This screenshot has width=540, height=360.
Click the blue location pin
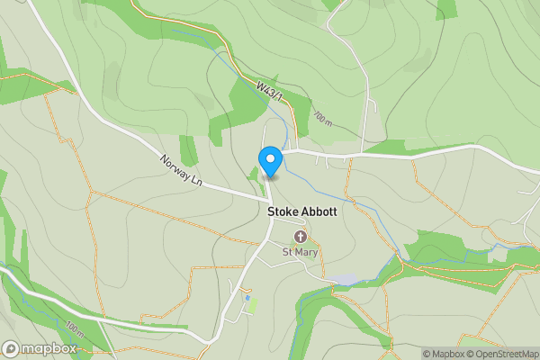click(270, 162)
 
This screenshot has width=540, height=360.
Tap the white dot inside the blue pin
click(270, 158)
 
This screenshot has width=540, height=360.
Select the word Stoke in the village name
click(283, 212)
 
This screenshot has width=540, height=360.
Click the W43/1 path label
click(270, 91)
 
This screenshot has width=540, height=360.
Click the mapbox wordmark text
click(50, 349)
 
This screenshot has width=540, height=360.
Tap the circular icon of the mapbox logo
click(11, 348)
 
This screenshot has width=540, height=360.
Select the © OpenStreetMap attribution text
click(502, 354)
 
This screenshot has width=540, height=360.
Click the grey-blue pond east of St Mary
click(343, 280)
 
